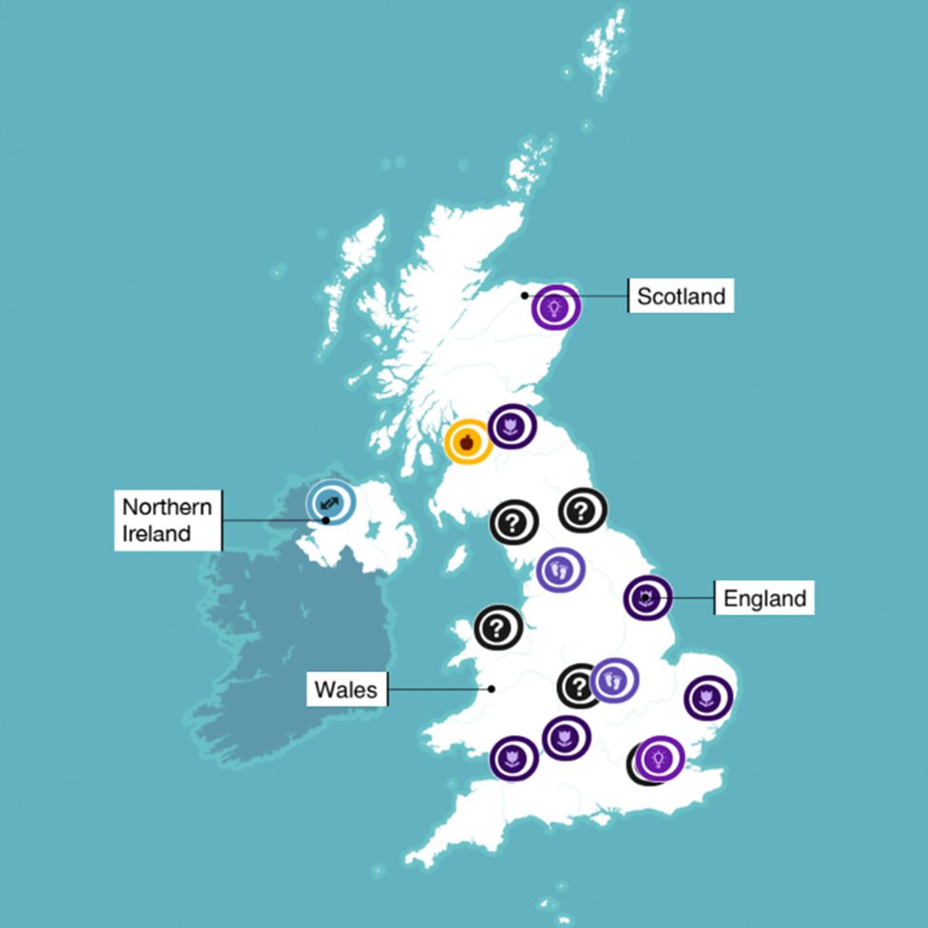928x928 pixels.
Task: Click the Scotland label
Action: click(681, 296)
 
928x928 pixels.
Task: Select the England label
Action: click(764, 599)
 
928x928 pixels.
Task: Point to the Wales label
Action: click(346, 689)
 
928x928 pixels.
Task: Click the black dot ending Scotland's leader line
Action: click(525, 296)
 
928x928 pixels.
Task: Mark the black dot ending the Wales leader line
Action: click(492, 689)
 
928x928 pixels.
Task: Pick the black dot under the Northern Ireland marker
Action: click(326, 520)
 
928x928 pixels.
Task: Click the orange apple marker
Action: click(467, 442)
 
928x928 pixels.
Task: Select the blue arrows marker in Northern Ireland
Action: click(330, 500)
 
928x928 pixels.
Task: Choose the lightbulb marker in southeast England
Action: click(661, 758)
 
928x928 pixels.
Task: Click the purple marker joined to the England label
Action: click(647, 598)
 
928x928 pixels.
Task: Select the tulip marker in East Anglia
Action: click(707, 700)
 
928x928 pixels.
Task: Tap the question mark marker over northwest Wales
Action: click(498, 628)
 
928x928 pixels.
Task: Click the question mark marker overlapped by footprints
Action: click(577, 686)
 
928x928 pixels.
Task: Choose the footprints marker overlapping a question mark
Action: click(614, 680)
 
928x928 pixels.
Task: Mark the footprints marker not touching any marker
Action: click(560, 570)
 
